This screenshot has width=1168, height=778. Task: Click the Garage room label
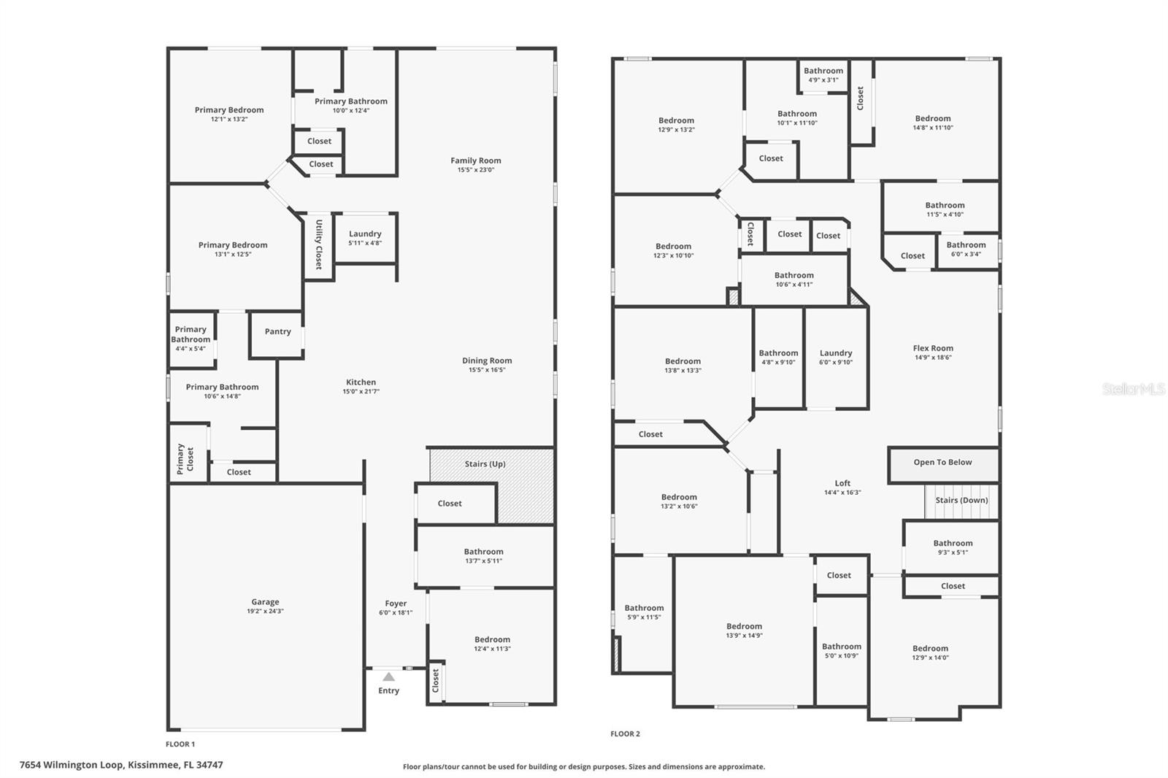coord(265,602)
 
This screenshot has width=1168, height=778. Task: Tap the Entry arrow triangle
coord(389,677)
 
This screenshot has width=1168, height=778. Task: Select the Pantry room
coord(277,332)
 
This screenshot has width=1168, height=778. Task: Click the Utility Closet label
coord(319,244)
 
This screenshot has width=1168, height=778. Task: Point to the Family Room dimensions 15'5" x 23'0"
coord(476,170)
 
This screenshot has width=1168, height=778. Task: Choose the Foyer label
coord(396,604)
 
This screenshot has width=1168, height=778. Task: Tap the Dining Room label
coord(487,361)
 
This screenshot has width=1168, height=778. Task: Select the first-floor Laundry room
coord(365,238)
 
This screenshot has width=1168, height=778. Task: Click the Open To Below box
coord(942,463)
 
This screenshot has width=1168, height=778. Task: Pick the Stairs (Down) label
coord(961,501)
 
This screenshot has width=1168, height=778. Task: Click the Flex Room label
coord(933,348)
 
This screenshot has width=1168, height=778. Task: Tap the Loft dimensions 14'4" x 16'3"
coord(842,493)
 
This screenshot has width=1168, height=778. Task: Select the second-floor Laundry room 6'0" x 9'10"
coord(836,358)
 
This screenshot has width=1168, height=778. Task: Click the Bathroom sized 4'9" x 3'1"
coord(823,75)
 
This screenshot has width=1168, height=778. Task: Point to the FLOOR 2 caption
coord(625,734)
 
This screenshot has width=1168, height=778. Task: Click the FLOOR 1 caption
coord(180,744)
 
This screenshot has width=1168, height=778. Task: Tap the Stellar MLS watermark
coord(1134,390)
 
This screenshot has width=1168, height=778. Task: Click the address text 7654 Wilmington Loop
coord(121,765)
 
